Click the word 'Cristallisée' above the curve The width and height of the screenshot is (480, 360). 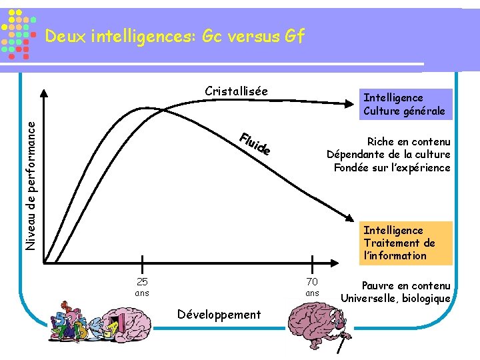pos(236,91)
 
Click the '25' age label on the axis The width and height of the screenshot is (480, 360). pos(142,281)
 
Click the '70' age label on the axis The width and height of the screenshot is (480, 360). pos(312,281)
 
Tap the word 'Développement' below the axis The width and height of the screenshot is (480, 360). pos(219,314)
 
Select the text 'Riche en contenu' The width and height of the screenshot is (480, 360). pos(409,141)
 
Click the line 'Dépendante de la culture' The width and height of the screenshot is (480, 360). pos(388,155)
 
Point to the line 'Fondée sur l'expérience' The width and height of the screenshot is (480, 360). pos(392,167)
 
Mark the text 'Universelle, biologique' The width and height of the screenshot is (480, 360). pos(395,298)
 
